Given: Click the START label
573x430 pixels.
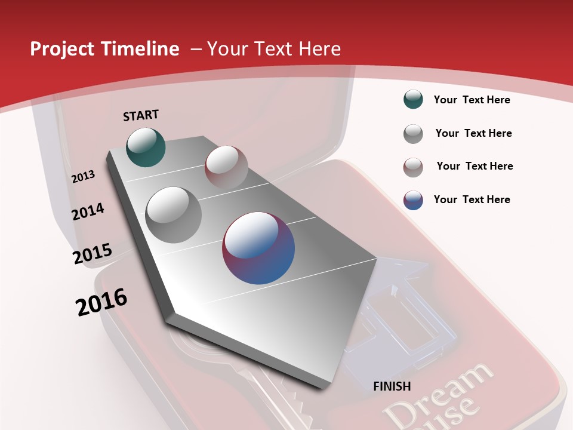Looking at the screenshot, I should point(141,115).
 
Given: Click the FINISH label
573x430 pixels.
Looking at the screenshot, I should point(392,386).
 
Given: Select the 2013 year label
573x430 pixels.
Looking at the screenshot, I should point(83,177).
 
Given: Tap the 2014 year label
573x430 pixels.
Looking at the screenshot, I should point(88,212).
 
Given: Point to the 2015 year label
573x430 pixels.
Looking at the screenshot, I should point(92,254).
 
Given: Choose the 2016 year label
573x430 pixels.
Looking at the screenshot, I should point(101,302).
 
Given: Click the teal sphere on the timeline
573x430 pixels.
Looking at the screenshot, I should point(146,148).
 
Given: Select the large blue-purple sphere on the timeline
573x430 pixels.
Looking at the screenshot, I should point(258,248).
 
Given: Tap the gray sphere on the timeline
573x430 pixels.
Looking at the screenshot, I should point(174,214).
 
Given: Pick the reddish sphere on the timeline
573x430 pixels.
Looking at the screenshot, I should point(226,167).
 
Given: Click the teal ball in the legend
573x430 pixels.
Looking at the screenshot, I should point(413,100).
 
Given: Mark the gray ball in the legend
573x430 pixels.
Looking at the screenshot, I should point(413,134).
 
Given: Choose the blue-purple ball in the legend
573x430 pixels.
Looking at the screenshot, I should point(413,200).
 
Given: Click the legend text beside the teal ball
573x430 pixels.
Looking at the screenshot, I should point(472,100).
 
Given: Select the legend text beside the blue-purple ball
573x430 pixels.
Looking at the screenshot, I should point(472,199).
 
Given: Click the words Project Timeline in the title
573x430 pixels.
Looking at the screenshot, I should point(104,49).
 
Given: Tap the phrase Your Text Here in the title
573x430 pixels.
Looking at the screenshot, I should point(274,49).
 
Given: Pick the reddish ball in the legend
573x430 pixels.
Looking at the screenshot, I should point(413,167).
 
